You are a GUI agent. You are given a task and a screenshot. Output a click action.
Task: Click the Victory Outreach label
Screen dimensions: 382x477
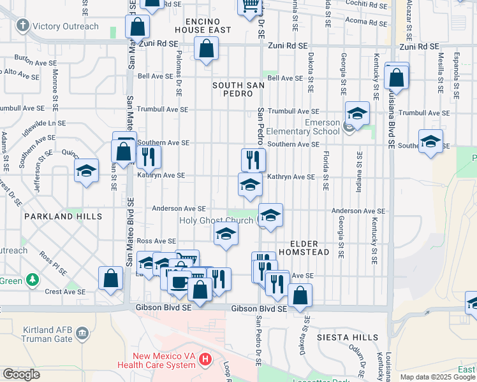point(66,26)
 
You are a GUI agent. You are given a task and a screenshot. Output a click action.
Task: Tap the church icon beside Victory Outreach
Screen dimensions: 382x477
point(23,26)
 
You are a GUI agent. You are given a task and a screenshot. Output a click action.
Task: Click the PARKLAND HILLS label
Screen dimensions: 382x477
point(63,216)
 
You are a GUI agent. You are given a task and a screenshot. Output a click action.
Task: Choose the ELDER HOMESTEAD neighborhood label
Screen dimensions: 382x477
point(310,248)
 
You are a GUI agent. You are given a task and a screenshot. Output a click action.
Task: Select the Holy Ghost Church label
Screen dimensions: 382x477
point(216,220)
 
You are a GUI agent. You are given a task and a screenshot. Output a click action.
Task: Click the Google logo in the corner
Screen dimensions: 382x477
point(21,374)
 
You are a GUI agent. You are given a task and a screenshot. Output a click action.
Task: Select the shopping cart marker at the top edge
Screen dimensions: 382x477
point(251,6)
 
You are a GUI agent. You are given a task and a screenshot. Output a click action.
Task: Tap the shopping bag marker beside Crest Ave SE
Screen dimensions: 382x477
point(111,278)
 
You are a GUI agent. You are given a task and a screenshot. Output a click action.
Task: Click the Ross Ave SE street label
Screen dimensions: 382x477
point(156,241)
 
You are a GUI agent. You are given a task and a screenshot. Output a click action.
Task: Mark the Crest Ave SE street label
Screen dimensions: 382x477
point(61,292)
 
